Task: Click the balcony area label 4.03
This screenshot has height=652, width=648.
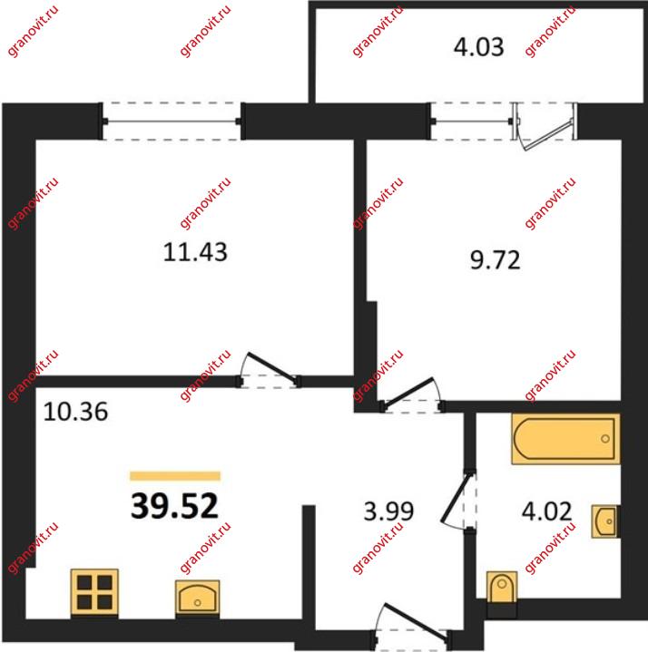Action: point(478,46)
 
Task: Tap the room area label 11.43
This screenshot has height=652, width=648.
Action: point(195,252)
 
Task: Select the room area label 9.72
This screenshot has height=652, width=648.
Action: point(496,260)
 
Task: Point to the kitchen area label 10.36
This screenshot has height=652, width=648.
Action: point(75,412)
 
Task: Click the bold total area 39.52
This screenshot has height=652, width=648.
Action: point(174,506)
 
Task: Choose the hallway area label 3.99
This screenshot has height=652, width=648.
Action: point(388,511)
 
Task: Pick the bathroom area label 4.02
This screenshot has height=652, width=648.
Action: point(546,511)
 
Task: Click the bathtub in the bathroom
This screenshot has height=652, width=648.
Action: point(565,439)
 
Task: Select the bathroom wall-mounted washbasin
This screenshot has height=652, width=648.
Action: point(605,521)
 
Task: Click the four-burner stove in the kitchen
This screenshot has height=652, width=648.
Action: point(94,592)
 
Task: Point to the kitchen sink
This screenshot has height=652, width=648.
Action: point(197,597)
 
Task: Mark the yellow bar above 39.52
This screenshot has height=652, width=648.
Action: point(175,476)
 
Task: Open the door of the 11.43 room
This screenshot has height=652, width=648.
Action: point(270,371)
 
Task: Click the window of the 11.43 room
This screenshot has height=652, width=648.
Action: point(172,122)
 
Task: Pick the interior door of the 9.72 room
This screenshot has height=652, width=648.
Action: point(411,395)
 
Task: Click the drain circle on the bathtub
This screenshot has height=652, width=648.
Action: point(605,439)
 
